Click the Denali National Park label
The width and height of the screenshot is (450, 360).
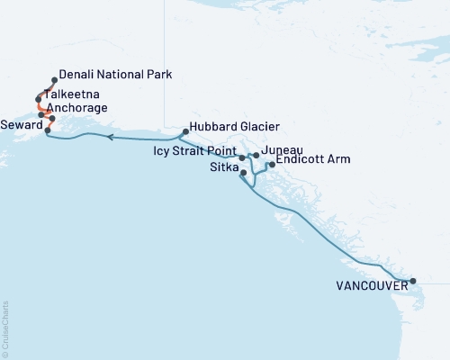pos(114,74)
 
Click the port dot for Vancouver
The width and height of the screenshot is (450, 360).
pos(413,282)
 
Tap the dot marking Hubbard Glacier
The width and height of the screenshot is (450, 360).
pos(184,132)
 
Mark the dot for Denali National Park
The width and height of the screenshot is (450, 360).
pos(55,80)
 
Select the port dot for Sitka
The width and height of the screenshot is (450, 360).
pos(244,172)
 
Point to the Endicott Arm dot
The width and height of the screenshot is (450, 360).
pos(271,165)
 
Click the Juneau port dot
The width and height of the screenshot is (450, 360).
pos(256,156)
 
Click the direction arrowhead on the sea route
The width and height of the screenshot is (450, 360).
pos(108,138)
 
